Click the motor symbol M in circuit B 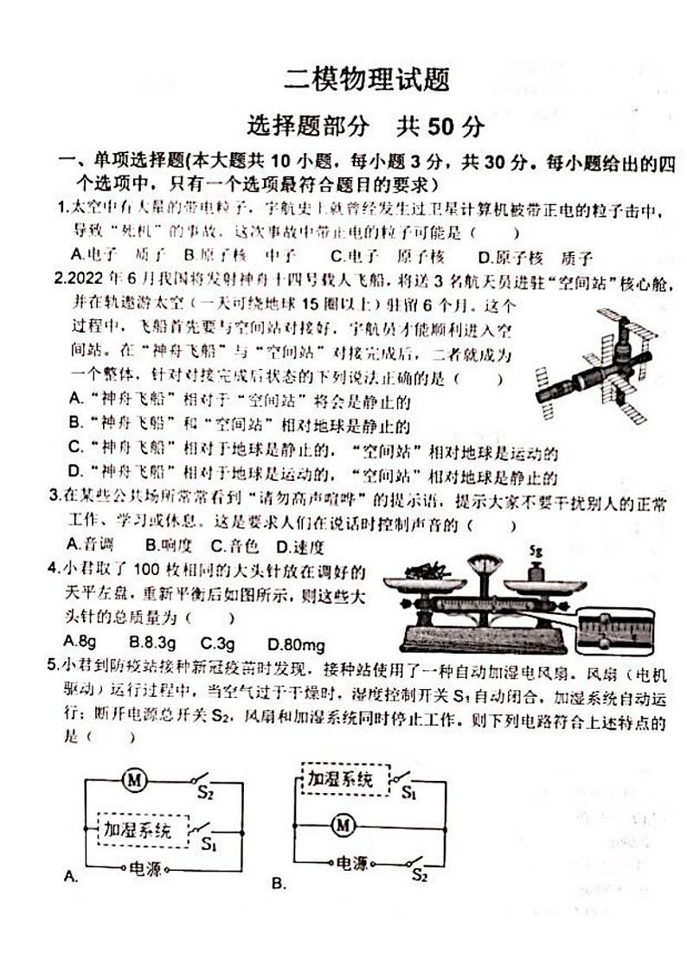(343, 825)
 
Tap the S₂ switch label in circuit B (420, 875)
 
